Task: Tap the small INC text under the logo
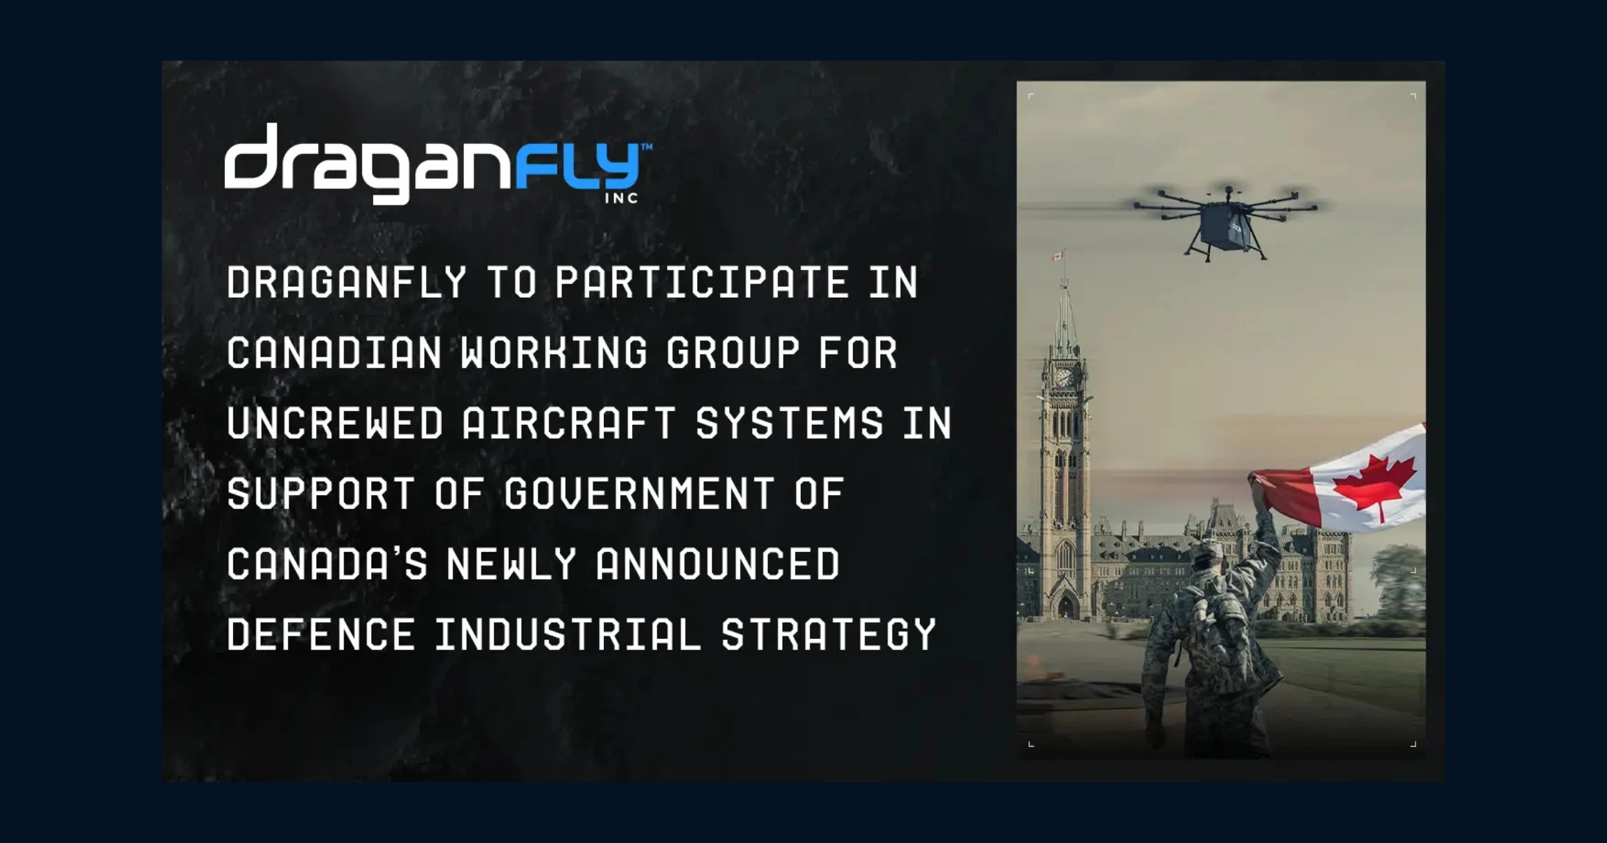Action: (621, 198)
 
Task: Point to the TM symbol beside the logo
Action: (647, 146)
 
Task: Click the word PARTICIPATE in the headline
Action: (702, 282)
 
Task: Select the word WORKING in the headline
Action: (554, 353)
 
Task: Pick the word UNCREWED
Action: (335, 423)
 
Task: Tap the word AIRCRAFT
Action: (568, 423)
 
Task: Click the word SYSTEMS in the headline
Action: (789, 423)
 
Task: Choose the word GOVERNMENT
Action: (639, 494)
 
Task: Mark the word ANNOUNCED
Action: (717, 564)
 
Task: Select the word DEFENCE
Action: (321, 634)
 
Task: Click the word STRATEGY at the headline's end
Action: (828, 634)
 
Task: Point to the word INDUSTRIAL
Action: (568, 634)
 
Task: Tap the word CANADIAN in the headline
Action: (334, 353)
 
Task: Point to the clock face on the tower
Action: (1063, 376)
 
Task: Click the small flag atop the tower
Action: (1058, 256)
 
